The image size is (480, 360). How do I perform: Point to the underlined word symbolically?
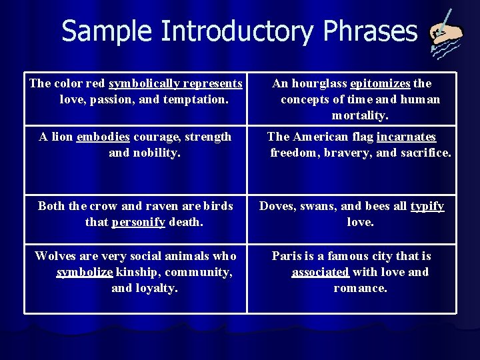139,84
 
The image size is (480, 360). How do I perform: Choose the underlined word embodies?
103,137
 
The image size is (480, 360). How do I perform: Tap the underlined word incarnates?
406,137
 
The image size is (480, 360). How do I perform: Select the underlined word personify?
139,222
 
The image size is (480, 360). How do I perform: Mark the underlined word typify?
427,207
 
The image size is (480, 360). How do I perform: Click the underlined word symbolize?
86,273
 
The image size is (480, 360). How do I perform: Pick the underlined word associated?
320,273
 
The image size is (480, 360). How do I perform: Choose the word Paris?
287,257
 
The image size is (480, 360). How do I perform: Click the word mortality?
360,116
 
